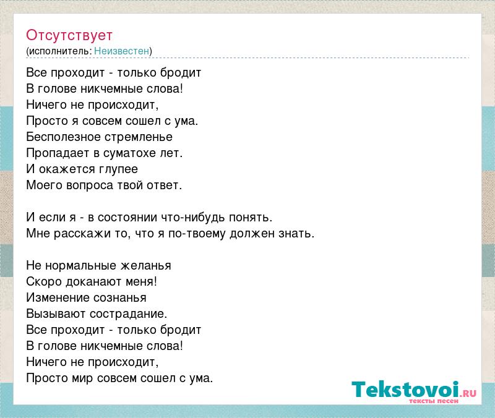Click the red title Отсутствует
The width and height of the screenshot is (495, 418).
69,35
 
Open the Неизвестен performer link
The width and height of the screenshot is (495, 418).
121,51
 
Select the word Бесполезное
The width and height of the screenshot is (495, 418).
63,137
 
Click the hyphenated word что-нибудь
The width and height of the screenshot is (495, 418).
193,218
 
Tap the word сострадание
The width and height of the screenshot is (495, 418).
129,314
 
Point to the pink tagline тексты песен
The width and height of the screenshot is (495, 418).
434,401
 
